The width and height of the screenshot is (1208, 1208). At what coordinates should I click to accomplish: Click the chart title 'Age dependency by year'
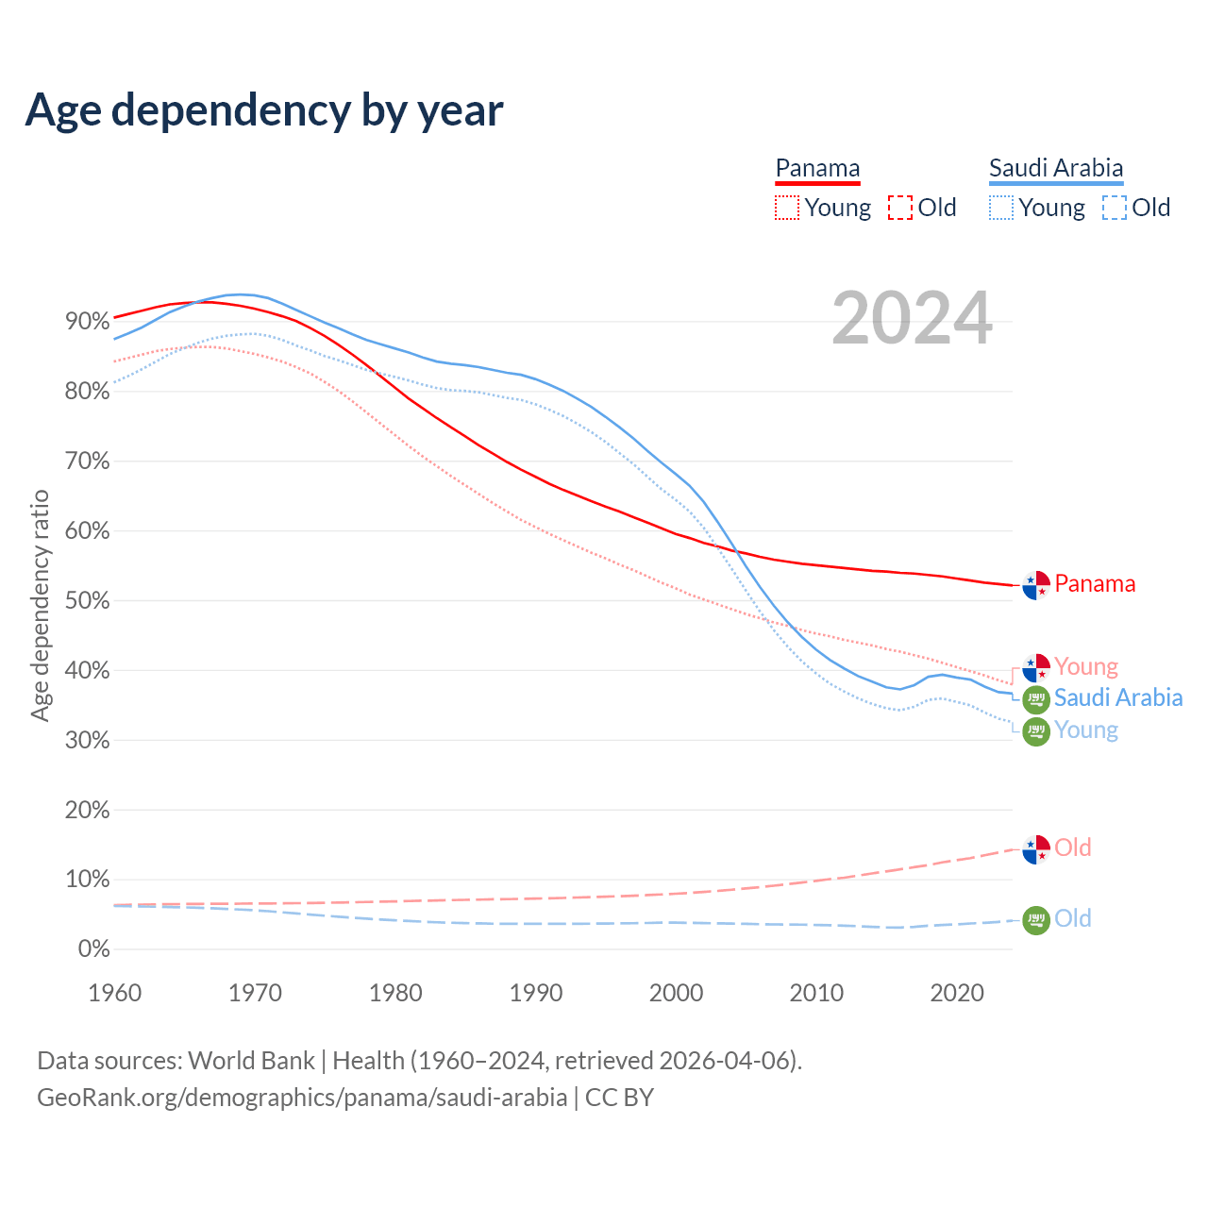click(x=264, y=110)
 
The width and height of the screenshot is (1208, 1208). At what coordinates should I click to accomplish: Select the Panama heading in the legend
click(x=817, y=169)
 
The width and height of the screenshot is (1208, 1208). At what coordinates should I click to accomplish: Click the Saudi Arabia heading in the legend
click(x=1056, y=169)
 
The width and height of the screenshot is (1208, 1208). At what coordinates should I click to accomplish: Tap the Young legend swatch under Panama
click(x=786, y=208)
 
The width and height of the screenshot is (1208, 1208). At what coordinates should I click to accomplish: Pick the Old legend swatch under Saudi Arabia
click(x=1115, y=208)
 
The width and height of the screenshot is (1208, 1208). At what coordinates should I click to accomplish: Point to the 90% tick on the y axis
click(x=87, y=322)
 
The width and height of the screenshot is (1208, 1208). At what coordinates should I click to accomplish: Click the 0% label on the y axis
click(x=93, y=949)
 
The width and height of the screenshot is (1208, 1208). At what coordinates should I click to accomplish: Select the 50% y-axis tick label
click(x=87, y=601)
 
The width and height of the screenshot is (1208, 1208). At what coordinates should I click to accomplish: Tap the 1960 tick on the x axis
click(x=114, y=993)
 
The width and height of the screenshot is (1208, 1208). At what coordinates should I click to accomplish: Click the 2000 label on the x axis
click(x=676, y=993)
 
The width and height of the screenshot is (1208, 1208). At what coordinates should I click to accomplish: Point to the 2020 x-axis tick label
click(x=957, y=993)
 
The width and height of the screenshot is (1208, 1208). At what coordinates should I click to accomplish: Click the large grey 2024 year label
click(x=912, y=318)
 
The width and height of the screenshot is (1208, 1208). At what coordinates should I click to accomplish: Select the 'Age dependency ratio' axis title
click(x=40, y=605)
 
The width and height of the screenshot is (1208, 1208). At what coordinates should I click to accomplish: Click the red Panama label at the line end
click(x=1095, y=584)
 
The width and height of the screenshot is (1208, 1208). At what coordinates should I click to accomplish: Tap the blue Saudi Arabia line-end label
click(x=1118, y=698)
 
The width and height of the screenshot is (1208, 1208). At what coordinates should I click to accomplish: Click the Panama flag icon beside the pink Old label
click(x=1036, y=849)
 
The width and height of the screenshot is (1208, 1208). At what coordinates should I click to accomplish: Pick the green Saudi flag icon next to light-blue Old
click(x=1036, y=919)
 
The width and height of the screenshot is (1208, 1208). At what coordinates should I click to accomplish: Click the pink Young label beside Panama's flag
click(x=1086, y=667)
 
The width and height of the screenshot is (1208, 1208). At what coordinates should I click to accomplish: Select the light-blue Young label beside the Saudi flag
click(x=1086, y=730)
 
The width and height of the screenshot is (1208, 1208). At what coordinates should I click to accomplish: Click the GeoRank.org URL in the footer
click(x=302, y=1098)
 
